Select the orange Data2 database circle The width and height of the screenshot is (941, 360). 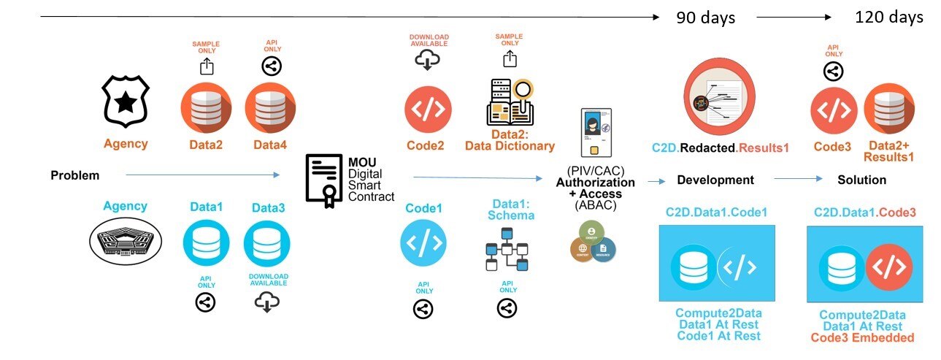coord(206,108)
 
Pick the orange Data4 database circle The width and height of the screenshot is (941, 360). coord(270,108)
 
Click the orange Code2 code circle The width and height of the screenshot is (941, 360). coord(429,108)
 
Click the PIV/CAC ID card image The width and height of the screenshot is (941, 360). coord(595,131)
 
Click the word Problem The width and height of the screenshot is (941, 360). coord(74,175)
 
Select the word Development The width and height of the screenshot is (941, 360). coord(715,180)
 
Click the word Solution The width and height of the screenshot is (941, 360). coord(861,180)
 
